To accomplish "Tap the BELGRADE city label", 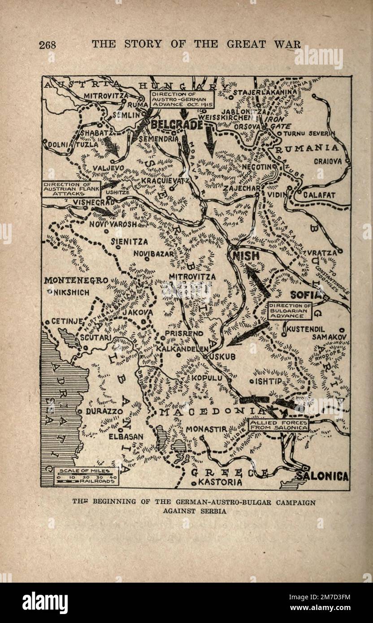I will [x=177, y=125].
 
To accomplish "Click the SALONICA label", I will [x=321, y=476].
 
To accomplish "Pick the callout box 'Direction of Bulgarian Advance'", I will [x=287, y=311].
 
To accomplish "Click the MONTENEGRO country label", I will [x=76, y=281].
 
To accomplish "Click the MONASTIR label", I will [x=206, y=429].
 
